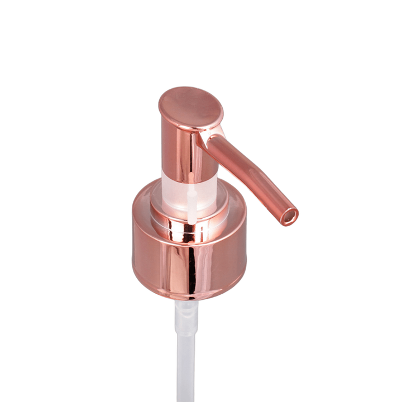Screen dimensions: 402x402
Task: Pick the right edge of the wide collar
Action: coord(247,251)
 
